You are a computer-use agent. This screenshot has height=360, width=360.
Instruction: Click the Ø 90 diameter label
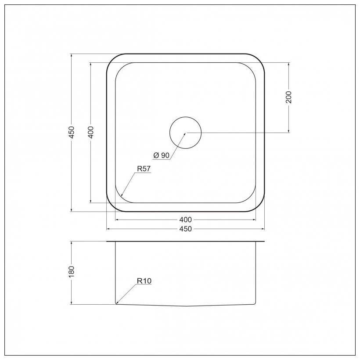pyautogui.click(x=162, y=155)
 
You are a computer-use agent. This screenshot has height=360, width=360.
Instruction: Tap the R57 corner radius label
pyautogui.click(x=144, y=169)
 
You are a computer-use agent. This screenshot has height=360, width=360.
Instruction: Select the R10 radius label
pyautogui.click(x=144, y=281)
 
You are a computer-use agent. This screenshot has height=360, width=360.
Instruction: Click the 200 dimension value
pyautogui.click(x=288, y=97)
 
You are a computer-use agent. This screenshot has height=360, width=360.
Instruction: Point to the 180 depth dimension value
pyautogui.click(x=72, y=272)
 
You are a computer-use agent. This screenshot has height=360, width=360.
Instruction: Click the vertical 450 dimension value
pyautogui.click(x=72, y=132)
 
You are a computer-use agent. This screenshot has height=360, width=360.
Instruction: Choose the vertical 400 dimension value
pyautogui.click(x=91, y=132)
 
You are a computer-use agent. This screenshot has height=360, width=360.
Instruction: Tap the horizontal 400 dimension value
pyautogui.click(x=186, y=220)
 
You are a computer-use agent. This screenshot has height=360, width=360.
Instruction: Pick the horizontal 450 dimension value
pyautogui.click(x=186, y=229)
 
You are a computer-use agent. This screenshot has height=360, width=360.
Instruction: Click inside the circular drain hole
pyautogui.click(x=186, y=133)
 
